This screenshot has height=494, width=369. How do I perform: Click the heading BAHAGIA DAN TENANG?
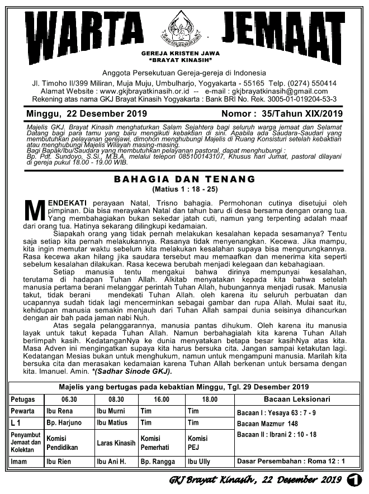[x=184, y=179]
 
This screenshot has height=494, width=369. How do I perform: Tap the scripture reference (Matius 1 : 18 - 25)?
[x=184, y=189]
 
